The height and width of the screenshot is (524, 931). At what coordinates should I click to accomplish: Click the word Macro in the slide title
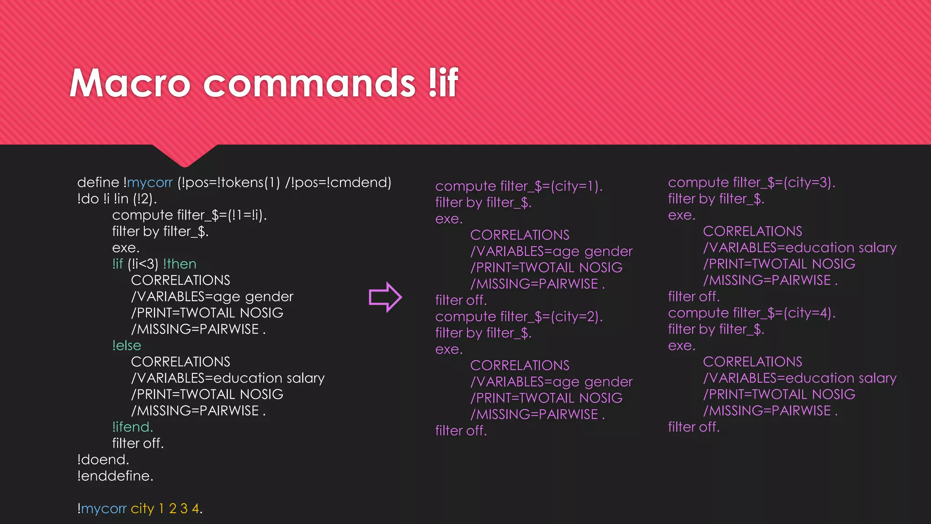[130, 83]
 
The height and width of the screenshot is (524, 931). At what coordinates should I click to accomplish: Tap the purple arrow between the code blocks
[385, 297]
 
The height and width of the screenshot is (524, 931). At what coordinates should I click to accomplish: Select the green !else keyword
[127, 345]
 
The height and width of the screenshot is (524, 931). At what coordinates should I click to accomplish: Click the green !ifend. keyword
[133, 427]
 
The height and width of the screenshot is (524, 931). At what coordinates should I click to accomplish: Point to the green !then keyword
[180, 264]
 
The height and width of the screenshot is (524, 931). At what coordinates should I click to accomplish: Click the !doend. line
[103, 459]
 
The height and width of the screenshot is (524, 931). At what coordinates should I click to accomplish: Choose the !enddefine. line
[115, 476]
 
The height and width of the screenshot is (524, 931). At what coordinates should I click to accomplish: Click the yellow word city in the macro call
[143, 509]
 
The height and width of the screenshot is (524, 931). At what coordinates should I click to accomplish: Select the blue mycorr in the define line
[150, 183]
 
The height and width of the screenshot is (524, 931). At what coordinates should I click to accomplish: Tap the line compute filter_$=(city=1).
[519, 186]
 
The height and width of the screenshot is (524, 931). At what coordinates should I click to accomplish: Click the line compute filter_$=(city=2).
[519, 317]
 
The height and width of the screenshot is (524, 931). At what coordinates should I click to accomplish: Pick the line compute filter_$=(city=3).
[752, 182]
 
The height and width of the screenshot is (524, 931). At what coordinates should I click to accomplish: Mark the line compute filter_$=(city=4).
[752, 313]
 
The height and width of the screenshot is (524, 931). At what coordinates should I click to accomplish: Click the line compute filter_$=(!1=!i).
[190, 215]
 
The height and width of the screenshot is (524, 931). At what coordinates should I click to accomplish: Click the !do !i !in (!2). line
[117, 199]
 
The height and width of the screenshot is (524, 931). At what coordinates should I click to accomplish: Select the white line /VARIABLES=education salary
[228, 378]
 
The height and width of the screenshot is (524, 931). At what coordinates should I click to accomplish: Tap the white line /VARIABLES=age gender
[212, 297]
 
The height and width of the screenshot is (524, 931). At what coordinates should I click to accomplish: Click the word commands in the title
[309, 83]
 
